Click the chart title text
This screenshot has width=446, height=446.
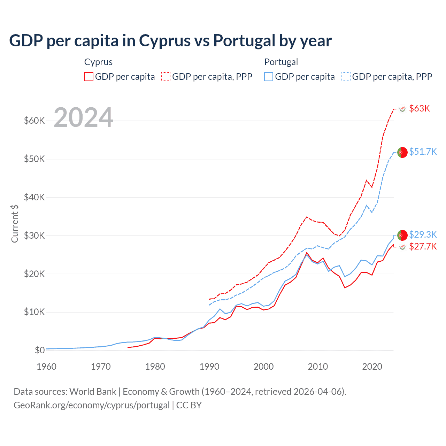[x=170, y=41]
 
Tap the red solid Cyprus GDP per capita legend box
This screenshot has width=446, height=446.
[x=89, y=77]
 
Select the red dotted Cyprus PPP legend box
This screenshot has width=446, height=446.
[x=166, y=77]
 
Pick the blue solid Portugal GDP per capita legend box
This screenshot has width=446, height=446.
[x=269, y=77]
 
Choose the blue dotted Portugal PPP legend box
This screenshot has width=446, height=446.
[x=346, y=77]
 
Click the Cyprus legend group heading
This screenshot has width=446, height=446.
[x=98, y=62]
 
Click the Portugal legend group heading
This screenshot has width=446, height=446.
[x=281, y=62]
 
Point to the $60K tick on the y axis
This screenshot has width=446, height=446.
[x=34, y=121]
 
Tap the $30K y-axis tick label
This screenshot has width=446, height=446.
[x=34, y=236]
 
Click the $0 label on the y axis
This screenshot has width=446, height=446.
[x=40, y=350]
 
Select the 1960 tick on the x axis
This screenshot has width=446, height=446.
[x=46, y=367]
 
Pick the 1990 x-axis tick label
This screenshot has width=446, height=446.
[x=209, y=367]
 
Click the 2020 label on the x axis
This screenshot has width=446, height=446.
[x=372, y=367]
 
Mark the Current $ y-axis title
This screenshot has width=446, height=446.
[x=15, y=223]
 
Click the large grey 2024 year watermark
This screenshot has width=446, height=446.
[x=84, y=118]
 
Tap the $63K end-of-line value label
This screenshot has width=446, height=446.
[x=420, y=108]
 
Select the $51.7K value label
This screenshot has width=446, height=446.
[x=423, y=152]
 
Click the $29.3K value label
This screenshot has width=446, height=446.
[x=423, y=234]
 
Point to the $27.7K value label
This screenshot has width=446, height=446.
[x=423, y=247]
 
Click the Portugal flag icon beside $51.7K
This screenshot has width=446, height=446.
[x=402, y=152]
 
